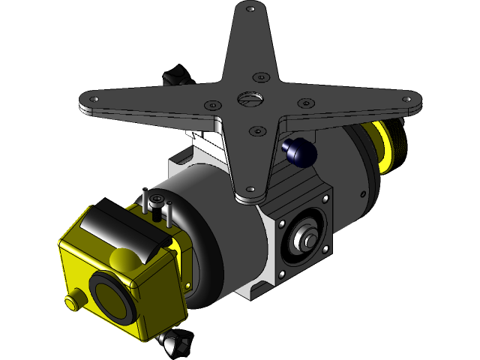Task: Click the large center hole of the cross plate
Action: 248,98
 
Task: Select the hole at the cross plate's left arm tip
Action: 94,99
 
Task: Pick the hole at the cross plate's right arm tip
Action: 409,97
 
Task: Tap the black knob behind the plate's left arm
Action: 177,76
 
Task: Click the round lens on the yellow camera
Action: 109,295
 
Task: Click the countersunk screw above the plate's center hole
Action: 259,77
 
